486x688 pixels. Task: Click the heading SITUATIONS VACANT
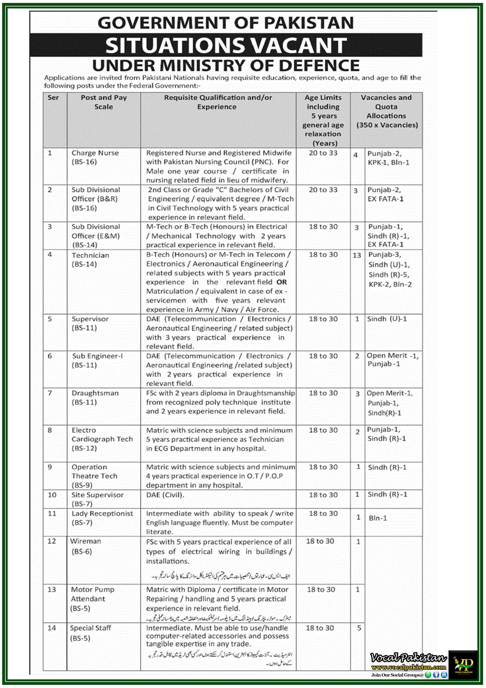pos(226,45)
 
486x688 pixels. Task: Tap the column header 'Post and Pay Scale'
pos(104,102)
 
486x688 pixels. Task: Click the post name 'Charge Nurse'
pos(95,153)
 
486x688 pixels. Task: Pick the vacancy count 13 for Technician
pos(357,255)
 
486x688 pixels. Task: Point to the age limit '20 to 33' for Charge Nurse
pos(323,153)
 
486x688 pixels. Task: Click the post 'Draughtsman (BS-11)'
pos(95,398)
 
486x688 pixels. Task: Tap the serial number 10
pos(52,495)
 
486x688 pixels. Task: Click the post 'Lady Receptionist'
pos(102,514)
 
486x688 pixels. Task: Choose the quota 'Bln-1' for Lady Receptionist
pos(378,518)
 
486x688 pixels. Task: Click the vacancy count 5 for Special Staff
pos(359,628)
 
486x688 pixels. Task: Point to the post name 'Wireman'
pos(85,542)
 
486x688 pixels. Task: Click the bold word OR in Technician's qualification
pos(281,282)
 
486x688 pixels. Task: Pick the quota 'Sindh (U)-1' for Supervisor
pos(387,319)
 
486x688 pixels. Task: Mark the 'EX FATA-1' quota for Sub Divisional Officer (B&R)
pos(385,199)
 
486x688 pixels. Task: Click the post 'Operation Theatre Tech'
pos(94,472)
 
